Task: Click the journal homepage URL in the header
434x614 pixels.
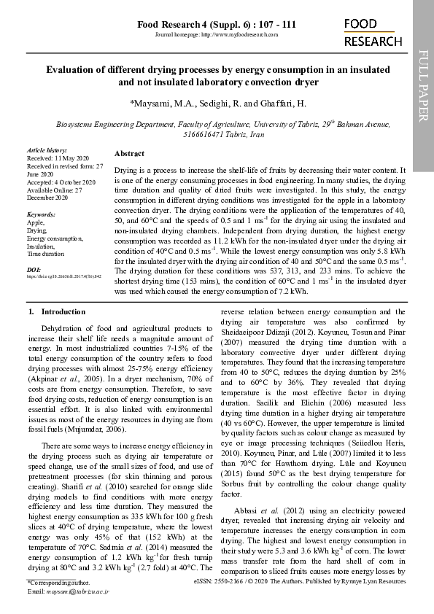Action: (x=217, y=35)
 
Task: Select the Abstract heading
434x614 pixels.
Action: (x=129, y=154)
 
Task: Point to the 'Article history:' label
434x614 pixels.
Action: (x=46, y=149)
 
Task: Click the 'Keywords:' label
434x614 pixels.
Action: (x=41, y=215)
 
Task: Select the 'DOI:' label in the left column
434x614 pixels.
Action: (x=33, y=270)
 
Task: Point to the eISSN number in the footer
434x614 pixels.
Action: (x=226, y=584)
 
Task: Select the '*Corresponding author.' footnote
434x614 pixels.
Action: (x=58, y=584)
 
